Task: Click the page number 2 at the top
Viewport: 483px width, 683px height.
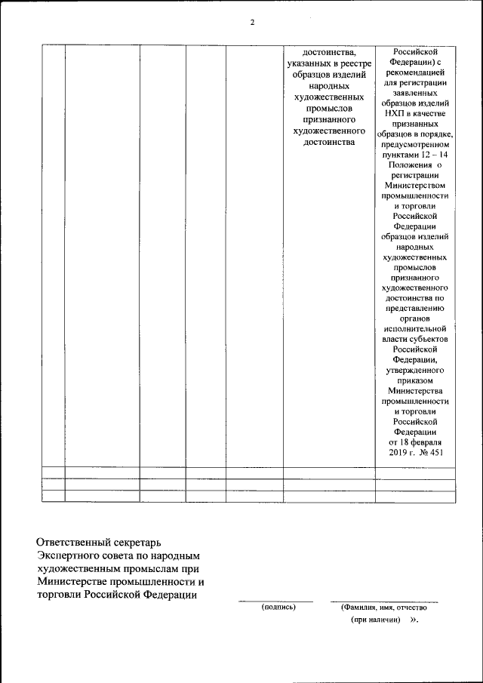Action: (x=253, y=22)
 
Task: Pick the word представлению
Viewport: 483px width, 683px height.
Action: (x=415, y=308)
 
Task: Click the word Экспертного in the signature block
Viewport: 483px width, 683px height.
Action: (x=71, y=555)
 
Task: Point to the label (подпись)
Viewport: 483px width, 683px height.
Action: (x=278, y=607)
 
